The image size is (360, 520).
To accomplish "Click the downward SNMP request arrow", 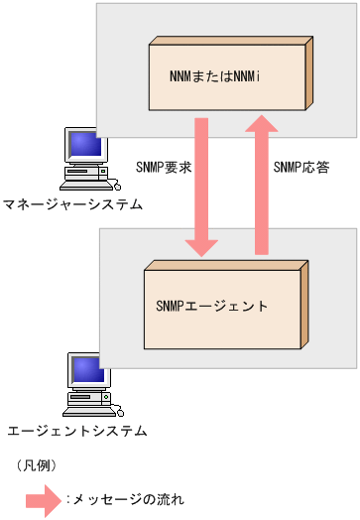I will pos(202,189).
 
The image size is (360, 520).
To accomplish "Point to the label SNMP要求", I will pos(163,166).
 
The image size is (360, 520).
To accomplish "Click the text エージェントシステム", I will pos(76,431).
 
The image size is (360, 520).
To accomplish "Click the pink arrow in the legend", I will pos(46,499).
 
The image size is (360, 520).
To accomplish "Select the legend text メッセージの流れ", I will pos(128,499).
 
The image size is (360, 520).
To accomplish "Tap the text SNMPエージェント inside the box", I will pos(211,306).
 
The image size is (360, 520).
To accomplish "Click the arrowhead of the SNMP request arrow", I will pos(202,246).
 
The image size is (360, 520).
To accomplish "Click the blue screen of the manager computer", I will pos(86,147).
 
